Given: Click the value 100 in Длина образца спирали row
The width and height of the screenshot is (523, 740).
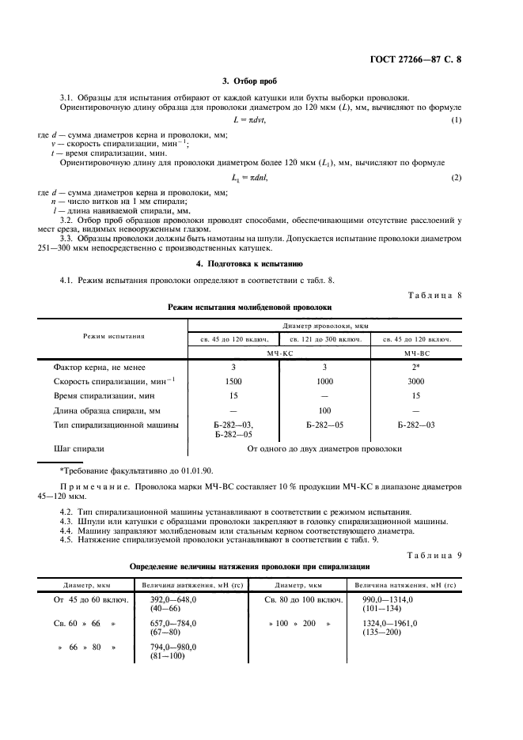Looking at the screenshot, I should pyautogui.click(x=324, y=410).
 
